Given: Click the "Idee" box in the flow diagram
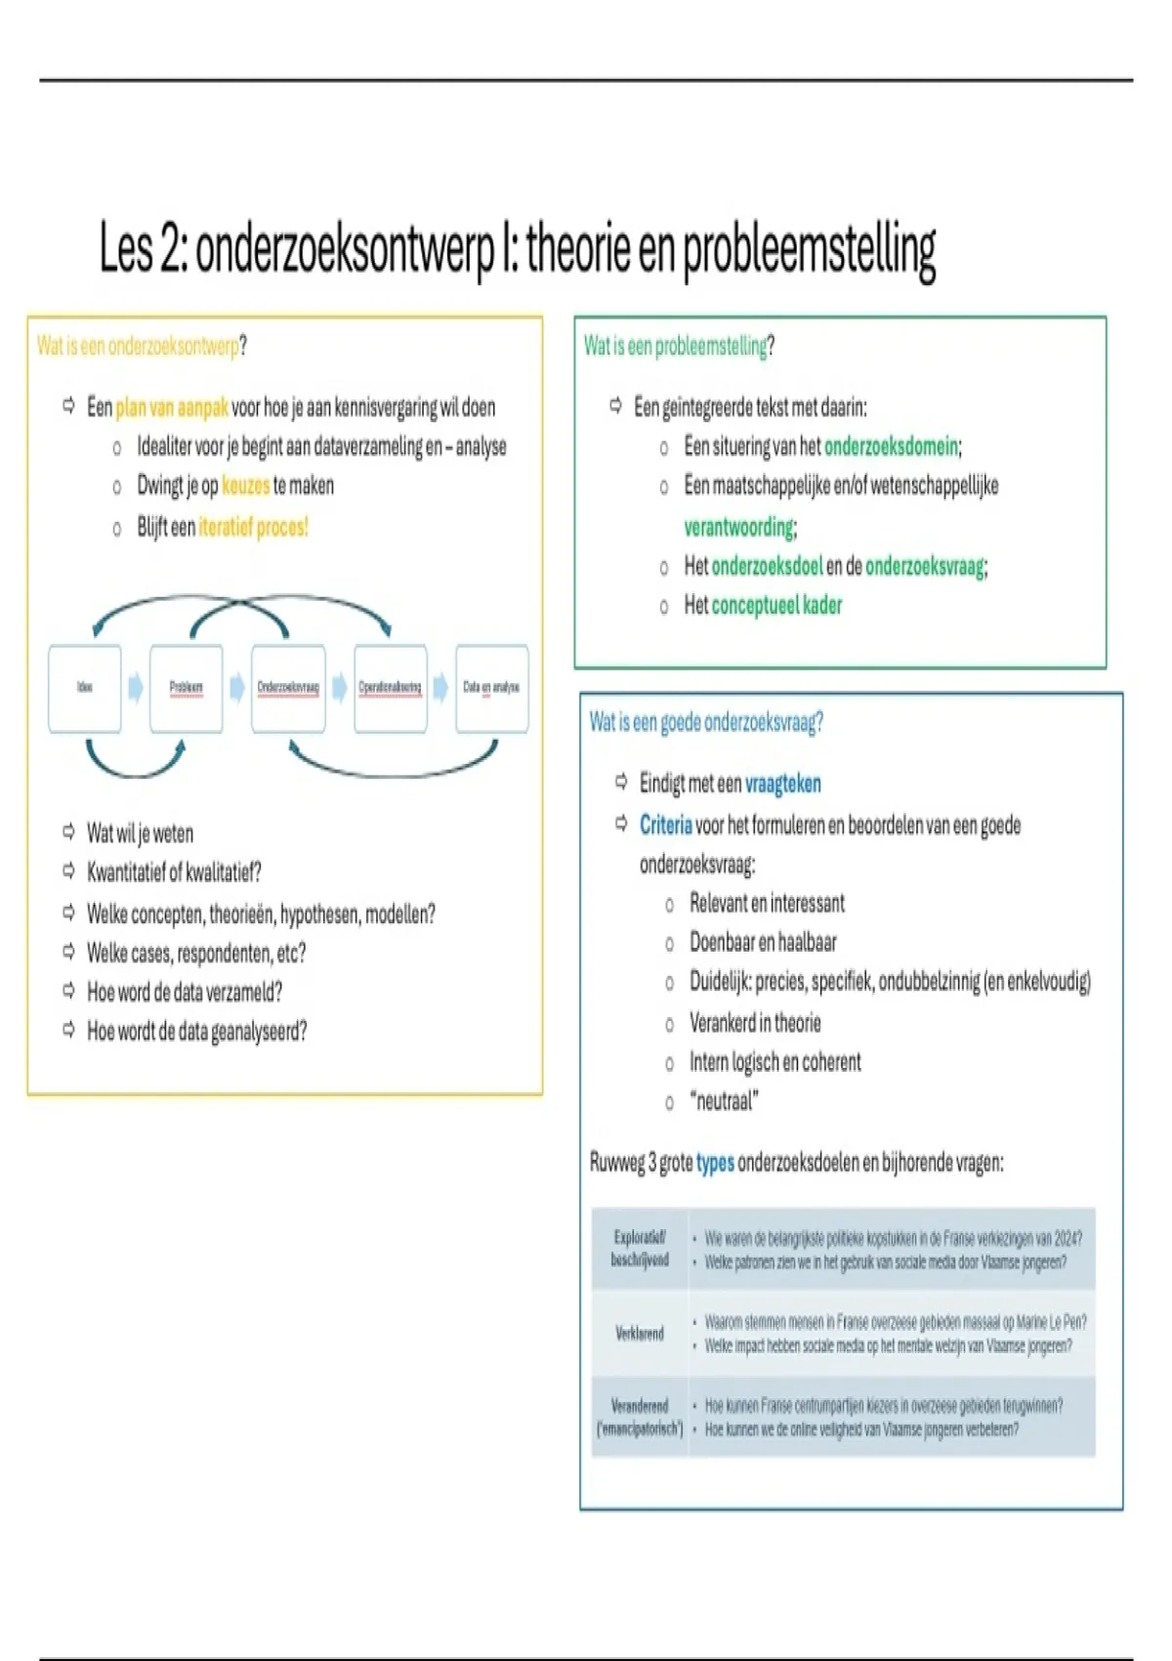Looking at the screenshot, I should point(85,688).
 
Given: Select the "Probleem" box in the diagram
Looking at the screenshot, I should point(186,688).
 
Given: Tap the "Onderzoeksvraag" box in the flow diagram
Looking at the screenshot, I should point(288,688).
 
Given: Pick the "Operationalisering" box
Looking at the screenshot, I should point(390,688).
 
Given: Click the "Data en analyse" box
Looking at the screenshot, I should point(491,688).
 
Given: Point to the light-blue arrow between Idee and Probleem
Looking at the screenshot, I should point(136,688).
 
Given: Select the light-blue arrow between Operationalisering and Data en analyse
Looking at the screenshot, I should point(440,688).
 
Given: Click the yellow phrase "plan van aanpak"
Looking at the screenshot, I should point(171,407).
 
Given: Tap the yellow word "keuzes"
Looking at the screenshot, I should point(245,486).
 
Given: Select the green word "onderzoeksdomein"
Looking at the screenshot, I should point(890,447).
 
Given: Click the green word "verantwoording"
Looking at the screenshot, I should point(738,528).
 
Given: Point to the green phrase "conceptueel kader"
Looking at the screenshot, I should point(776,606).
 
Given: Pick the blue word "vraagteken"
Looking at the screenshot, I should point(782,784).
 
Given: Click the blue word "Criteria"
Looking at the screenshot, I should point(665,826).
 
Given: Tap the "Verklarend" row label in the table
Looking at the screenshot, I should point(640,1334).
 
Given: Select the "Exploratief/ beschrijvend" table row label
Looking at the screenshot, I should point(640,1249).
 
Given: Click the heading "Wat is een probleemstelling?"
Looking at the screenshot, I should point(679,346).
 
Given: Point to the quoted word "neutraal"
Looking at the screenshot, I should point(724,1102).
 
